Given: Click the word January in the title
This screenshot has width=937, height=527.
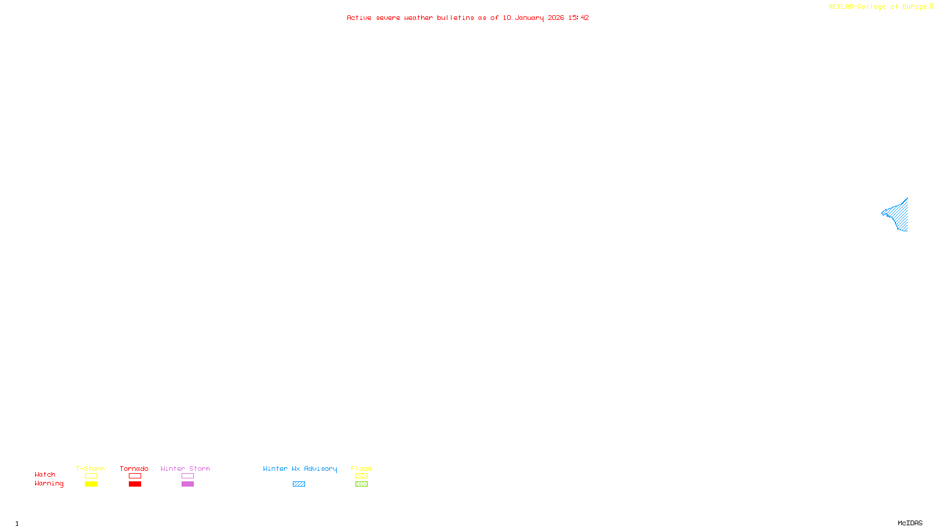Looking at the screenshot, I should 529,18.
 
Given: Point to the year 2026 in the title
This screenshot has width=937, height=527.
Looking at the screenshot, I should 556,18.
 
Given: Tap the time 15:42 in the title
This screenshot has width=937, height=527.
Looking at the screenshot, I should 579,18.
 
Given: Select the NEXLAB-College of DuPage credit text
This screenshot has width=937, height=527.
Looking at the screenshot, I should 877,7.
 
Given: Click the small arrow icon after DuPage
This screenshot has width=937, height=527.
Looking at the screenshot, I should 932,6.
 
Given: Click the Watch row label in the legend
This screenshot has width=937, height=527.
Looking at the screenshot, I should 45,474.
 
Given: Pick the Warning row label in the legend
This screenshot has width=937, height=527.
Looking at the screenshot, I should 49,484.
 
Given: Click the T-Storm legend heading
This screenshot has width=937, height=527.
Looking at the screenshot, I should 90,468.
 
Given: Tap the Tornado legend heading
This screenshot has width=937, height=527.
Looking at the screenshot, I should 134,468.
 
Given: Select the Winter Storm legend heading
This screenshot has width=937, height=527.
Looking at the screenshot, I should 185,468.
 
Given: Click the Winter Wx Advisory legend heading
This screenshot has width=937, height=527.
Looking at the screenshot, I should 300,468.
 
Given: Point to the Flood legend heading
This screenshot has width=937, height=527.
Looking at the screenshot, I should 361,468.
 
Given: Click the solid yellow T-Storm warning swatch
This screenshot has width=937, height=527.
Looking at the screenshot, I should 91,484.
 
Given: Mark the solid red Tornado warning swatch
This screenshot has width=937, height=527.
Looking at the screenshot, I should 135,484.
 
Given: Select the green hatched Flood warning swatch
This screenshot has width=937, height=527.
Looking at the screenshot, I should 361,484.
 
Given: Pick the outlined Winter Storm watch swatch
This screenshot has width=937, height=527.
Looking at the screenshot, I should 187,476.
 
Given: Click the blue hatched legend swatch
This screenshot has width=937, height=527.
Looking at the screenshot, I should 299,484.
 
